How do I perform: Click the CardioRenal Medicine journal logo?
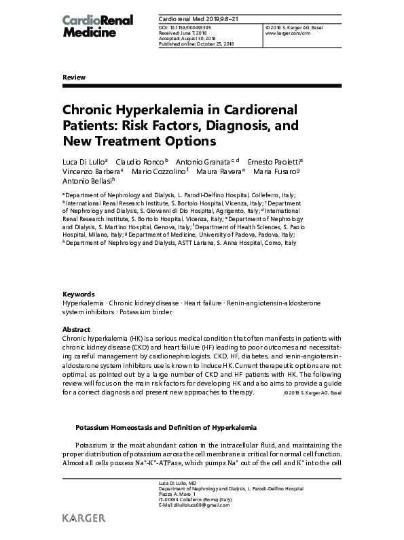98,25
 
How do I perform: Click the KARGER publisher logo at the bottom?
84,518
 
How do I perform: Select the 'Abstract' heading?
75,329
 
